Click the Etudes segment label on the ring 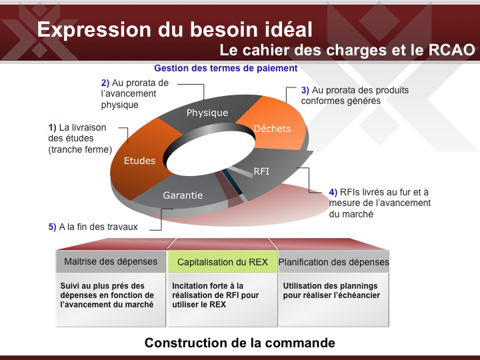click(x=139, y=161)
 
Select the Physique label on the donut click(x=207, y=113)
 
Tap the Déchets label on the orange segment click(x=272, y=129)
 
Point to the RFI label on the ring click(x=261, y=171)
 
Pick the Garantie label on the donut click(x=183, y=195)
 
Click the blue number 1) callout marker click(x=53, y=127)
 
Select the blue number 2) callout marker click(x=105, y=83)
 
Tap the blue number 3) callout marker click(x=305, y=90)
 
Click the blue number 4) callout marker click(x=333, y=192)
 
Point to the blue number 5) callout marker click(x=53, y=227)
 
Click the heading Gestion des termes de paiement click(x=225, y=68)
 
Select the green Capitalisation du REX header click(x=223, y=262)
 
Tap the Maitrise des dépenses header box click(x=111, y=261)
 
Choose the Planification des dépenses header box click(x=334, y=262)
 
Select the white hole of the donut click(x=210, y=154)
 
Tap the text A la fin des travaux click(x=98, y=227)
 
